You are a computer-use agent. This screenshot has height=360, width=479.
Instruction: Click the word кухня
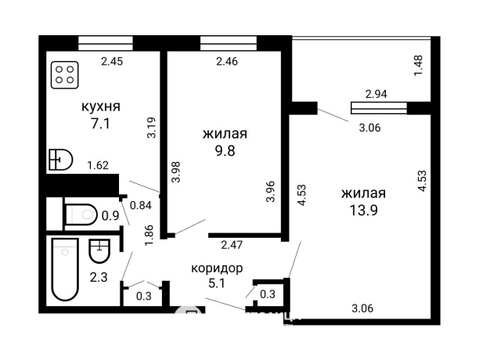tap(101, 106)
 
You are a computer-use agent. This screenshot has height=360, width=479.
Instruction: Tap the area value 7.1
tap(102, 124)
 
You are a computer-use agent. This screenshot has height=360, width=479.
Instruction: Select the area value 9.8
tap(225, 150)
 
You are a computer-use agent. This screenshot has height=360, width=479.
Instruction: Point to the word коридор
tap(217, 268)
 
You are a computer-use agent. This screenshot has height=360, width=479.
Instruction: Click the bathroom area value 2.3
tap(99, 276)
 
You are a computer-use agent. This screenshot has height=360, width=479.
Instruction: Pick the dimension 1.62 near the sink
tap(98, 165)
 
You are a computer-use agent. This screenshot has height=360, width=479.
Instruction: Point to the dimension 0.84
tap(140, 206)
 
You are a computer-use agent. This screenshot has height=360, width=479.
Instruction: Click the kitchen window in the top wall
tap(105, 42)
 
